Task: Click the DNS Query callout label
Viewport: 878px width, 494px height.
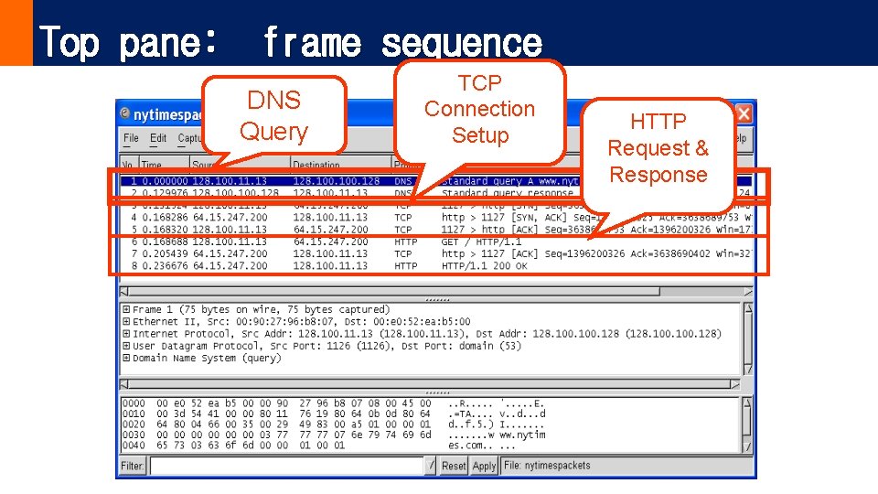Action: (273, 115)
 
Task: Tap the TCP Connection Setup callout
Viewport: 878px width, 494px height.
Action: (479, 109)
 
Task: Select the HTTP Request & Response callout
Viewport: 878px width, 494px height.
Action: (658, 148)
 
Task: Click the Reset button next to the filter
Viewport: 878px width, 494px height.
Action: (454, 466)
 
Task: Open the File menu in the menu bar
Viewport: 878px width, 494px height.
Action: (131, 138)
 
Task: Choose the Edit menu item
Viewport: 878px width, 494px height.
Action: (158, 138)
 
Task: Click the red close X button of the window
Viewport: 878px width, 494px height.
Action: (744, 114)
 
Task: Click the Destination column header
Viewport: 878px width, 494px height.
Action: (316, 165)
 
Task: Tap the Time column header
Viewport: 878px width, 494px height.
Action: (152, 165)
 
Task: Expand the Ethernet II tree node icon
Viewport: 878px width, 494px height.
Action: (126, 322)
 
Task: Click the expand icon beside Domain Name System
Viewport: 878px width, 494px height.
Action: (126, 359)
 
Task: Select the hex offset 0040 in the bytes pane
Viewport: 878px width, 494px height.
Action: (134, 445)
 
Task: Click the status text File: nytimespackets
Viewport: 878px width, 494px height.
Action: (547, 466)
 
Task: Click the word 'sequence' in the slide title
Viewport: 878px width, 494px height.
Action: (461, 42)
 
